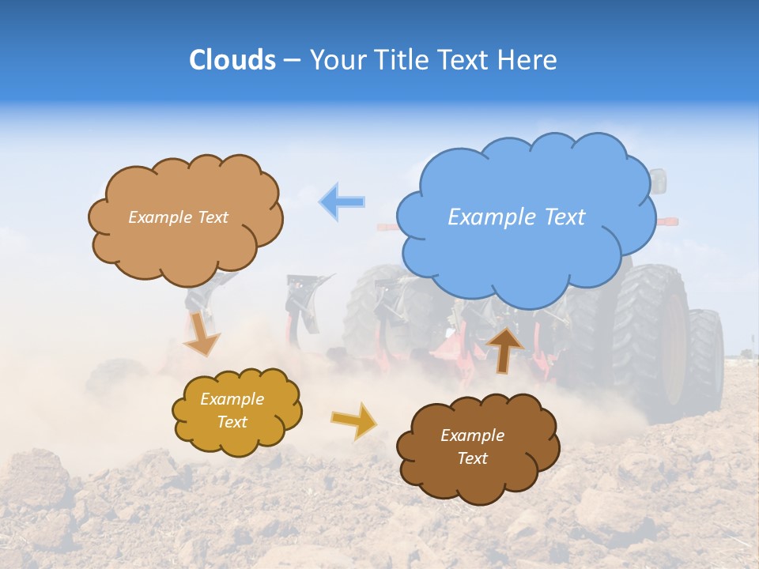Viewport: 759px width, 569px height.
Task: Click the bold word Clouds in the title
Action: [232, 60]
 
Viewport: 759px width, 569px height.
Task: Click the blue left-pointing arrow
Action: [342, 202]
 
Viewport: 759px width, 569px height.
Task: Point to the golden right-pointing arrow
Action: [353, 420]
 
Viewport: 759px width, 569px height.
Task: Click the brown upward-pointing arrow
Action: [505, 349]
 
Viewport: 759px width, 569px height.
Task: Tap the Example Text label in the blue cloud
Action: [516, 217]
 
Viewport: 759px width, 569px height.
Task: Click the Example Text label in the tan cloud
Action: [178, 217]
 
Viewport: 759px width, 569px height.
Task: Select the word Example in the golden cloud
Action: [232, 399]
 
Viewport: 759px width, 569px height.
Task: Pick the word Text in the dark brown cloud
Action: [472, 458]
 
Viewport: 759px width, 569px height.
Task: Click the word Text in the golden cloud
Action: [232, 422]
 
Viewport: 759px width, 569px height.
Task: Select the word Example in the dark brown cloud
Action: [472, 435]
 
